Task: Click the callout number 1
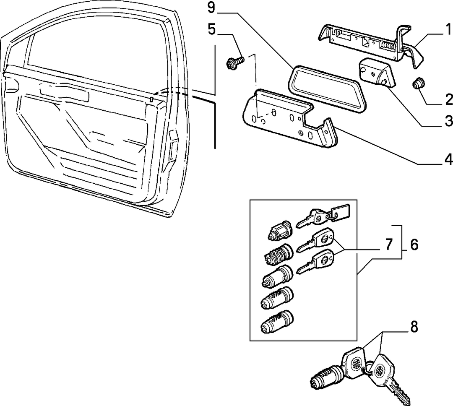(x=448, y=30)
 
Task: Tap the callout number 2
(x=449, y=100)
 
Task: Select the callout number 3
(x=449, y=120)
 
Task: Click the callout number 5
(x=212, y=29)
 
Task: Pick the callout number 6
(x=414, y=245)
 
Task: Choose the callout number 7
(x=389, y=245)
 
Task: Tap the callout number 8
(x=414, y=327)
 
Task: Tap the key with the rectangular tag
(x=323, y=216)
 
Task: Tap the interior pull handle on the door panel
(x=64, y=91)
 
